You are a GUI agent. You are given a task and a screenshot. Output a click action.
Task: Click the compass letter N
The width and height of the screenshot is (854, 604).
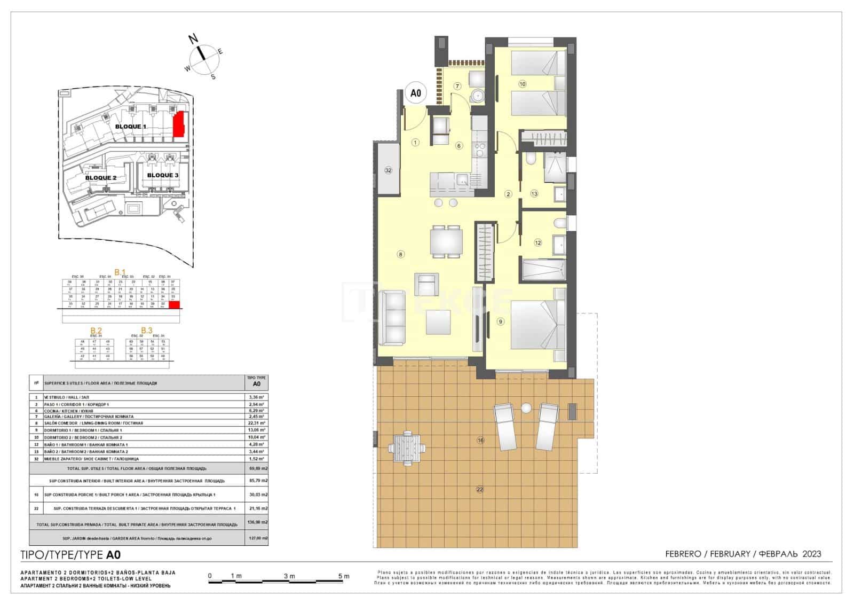(x=194, y=38)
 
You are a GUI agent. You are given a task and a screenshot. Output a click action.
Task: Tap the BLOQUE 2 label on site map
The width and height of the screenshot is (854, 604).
(x=101, y=178)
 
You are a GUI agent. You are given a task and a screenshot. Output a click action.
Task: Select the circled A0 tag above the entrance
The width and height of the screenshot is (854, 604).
(x=416, y=93)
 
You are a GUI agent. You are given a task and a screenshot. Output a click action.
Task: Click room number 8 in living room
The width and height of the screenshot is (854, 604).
(x=400, y=255)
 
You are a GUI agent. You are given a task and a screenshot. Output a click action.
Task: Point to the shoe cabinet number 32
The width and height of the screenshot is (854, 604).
(x=388, y=170)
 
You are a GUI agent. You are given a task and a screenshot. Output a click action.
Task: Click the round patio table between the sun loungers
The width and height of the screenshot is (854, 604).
(x=526, y=408)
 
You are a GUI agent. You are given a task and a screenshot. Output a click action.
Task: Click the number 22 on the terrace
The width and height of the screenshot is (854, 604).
(x=479, y=489)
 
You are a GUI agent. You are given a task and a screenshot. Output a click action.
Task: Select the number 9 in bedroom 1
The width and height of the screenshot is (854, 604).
(x=500, y=321)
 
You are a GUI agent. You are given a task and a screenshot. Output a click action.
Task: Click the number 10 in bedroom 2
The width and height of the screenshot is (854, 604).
(x=522, y=84)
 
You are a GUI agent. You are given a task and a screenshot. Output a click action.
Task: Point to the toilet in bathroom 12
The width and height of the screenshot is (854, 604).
(x=560, y=223)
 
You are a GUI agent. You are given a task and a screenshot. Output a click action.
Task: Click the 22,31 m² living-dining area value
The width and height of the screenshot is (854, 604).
(x=257, y=423)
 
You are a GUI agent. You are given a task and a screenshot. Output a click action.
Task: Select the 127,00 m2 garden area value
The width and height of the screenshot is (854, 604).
(x=258, y=538)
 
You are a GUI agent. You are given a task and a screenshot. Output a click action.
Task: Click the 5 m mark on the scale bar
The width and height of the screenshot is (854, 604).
(x=344, y=576)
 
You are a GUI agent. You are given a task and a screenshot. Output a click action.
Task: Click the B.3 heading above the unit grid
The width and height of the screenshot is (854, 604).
(x=146, y=331)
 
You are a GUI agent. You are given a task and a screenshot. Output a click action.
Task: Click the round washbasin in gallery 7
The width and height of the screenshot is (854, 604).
(x=477, y=97)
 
